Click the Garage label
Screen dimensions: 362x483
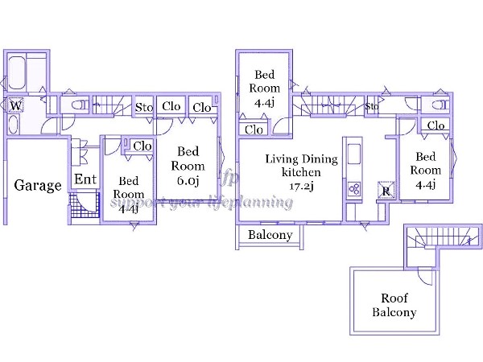point(38,186)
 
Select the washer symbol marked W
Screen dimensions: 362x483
point(15,104)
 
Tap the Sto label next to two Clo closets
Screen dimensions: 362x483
point(144,107)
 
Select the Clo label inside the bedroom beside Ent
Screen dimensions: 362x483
point(142,146)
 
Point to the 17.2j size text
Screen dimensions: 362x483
point(302,186)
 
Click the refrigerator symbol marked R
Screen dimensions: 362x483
point(386,191)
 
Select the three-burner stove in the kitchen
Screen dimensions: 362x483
point(353,189)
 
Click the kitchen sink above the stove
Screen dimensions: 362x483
point(353,153)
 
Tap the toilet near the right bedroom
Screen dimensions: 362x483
point(438,105)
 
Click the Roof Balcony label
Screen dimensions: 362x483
point(394,304)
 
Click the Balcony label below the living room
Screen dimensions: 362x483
point(269,236)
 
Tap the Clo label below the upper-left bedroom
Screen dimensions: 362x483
point(254,130)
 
